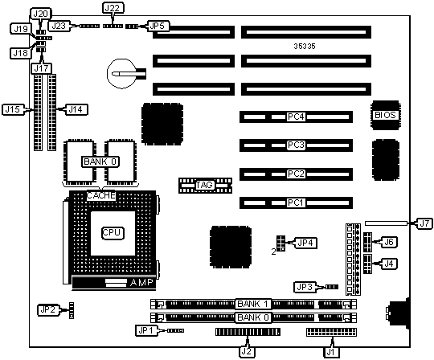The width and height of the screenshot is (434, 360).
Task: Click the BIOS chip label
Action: pyautogui.click(x=385, y=115)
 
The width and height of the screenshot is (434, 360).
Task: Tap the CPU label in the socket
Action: pyautogui.click(x=112, y=233)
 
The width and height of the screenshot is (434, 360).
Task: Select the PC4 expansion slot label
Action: pyautogui.click(x=296, y=117)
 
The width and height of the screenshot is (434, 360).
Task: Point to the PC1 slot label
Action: pyautogui.click(x=296, y=202)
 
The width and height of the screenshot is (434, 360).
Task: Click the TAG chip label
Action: pyautogui.click(x=205, y=185)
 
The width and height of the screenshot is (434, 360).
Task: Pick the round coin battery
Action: pyautogui.click(x=122, y=74)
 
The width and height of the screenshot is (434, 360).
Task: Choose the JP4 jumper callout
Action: pyautogui.click(x=305, y=243)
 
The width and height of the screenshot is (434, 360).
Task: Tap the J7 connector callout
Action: pyautogui.click(x=424, y=223)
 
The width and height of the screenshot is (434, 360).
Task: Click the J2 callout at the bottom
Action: pyautogui.click(x=247, y=352)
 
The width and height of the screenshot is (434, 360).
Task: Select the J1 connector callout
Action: pyautogui.click(x=331, y=352)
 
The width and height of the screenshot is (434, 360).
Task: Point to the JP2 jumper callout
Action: pyautogui.click(x=48, y=310)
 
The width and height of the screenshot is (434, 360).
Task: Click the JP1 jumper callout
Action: pyautogui.click(x=146, y=330)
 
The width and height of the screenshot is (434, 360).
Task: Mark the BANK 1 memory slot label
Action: pyautogui.click(x=253, y=304)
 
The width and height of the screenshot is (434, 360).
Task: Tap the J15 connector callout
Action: pyautogui.click(x=14, y=109)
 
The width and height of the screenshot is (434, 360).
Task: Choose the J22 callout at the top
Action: pyautogui.click(x=113, y=8)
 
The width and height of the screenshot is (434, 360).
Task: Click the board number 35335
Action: pyautogui.click(x=305, y=47)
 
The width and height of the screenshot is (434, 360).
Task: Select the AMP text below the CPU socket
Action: pyautogui.click(x=141, y=283)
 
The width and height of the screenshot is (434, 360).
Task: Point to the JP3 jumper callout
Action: pyautogui.click(x=305, y=287)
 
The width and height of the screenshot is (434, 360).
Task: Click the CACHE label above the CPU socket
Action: pyautogui.click(x=100, y=195)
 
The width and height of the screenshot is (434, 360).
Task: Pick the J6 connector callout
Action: pyautogui.click(x=389, y=242)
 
